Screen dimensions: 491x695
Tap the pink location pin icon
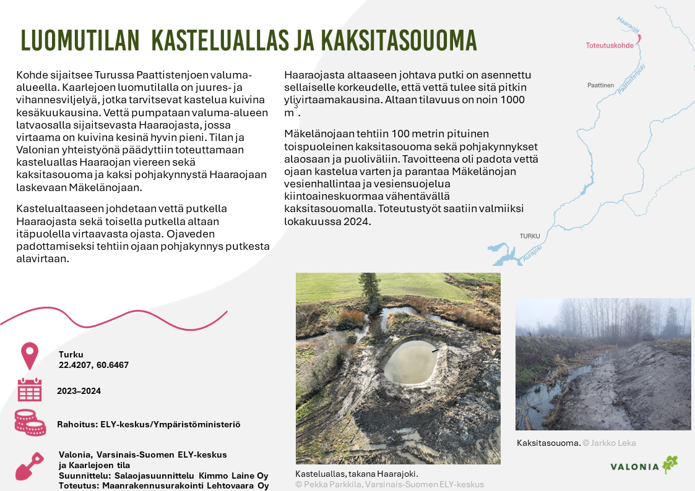click(30, 356)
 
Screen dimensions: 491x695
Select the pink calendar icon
click(30, 390)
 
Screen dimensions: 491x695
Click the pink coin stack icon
click(30, 423)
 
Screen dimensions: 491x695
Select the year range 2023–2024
click(79, 391)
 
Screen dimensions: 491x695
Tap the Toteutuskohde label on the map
click(610, 45)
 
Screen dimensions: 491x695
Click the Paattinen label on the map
click(600, 85)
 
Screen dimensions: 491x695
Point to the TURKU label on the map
click(530, 236)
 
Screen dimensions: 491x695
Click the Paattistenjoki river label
click(631, 79)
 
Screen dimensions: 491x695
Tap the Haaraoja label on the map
click(628, 25)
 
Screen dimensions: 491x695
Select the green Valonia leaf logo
click(670, 464)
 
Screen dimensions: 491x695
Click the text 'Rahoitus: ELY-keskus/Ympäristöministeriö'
click(149, 425)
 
